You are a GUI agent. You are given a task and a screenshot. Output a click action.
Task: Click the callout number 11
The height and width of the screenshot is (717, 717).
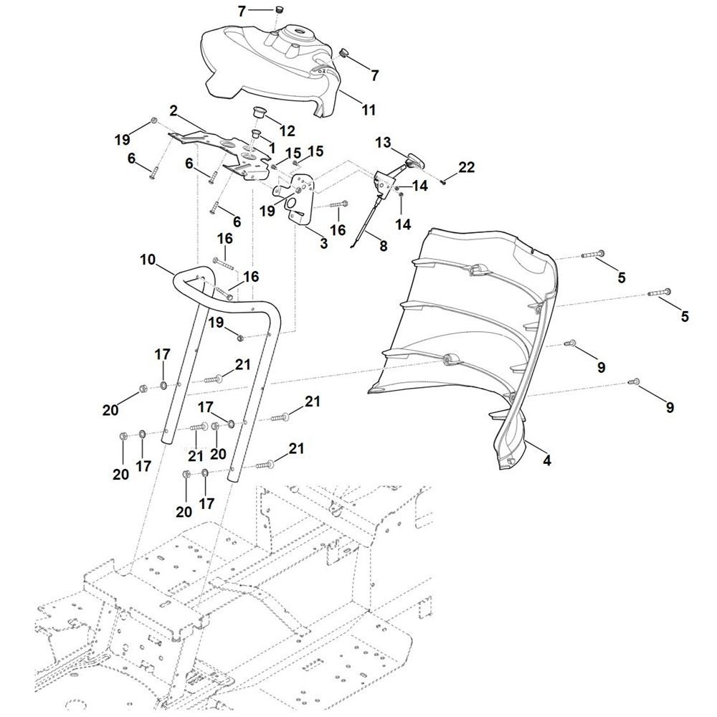(368, 110)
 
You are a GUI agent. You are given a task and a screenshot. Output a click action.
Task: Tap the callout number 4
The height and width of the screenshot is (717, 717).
(547, 460)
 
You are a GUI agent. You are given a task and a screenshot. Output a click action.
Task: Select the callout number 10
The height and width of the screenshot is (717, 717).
(148, 260)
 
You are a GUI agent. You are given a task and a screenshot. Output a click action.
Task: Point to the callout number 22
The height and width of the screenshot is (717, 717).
(467, 167)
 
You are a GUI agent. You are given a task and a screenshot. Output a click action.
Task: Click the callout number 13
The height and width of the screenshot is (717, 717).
(383, 143)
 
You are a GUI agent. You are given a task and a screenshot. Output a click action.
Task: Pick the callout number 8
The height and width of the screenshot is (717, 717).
(383, 245)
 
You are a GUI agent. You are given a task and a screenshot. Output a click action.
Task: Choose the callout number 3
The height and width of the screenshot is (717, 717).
(324, 243)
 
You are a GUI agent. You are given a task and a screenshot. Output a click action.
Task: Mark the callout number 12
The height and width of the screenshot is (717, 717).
(288, 130)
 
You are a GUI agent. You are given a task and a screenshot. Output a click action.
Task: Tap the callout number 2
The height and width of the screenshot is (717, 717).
(173, 110)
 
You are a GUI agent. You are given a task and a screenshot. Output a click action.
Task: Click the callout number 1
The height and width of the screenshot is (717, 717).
(272, 148)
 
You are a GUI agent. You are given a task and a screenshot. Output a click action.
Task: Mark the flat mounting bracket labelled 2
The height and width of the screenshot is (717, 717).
(218, 155)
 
